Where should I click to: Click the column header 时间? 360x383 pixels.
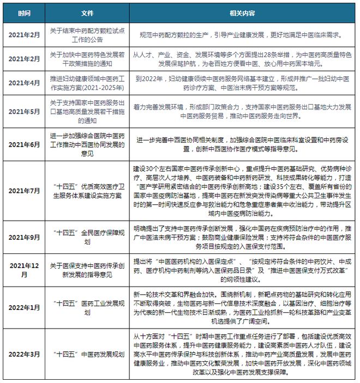tap(24, 13)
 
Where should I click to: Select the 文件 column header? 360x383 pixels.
tap(87, 13)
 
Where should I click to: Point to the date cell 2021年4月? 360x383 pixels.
tap(24, 83)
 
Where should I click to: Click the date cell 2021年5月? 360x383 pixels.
tap(24, 112)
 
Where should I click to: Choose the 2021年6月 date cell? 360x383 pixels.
tap(24, 144)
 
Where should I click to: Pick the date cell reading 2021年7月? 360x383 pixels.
tap(24, 191)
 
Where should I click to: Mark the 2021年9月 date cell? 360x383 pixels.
tap(24, 238)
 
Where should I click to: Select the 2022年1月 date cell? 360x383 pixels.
tap(24, 307)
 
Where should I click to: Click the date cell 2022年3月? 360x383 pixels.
tap(24, 354)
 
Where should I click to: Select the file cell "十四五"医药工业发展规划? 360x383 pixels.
tap(87, 307)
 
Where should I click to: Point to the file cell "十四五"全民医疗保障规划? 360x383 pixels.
tap(87, 238)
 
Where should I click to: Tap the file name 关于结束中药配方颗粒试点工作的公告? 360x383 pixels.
tap(87, 34)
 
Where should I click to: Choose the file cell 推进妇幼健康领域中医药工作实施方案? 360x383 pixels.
tap(87, 83)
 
